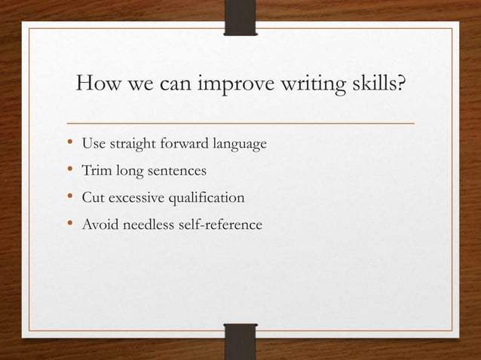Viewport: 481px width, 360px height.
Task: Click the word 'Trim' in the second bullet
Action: click(97, 171)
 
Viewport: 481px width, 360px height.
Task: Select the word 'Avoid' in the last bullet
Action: click(100, 224)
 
